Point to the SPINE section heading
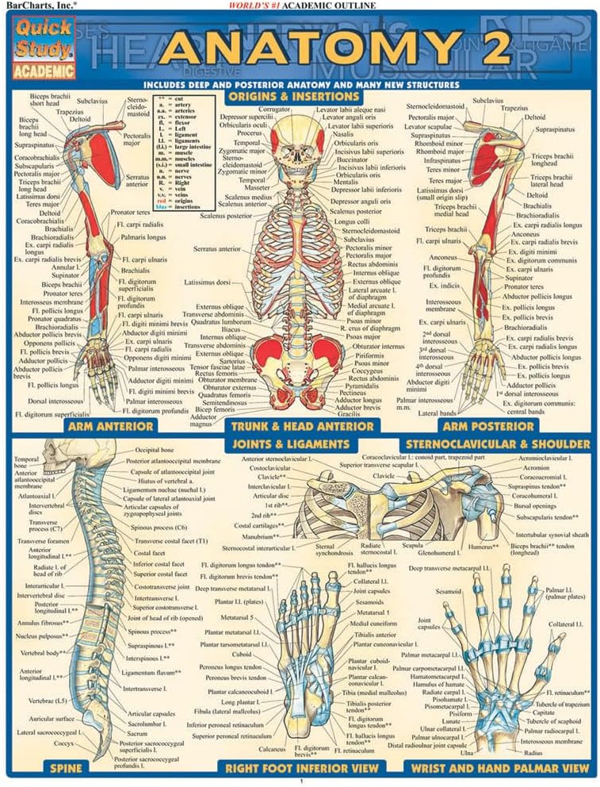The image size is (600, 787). [63, 768]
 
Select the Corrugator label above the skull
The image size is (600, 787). [273, 109]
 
